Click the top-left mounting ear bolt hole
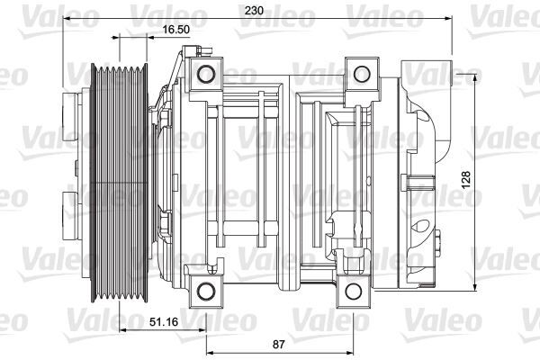tap(207, 73)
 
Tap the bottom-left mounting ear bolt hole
tap(207, 288)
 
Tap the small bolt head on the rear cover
tap(438, 241)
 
